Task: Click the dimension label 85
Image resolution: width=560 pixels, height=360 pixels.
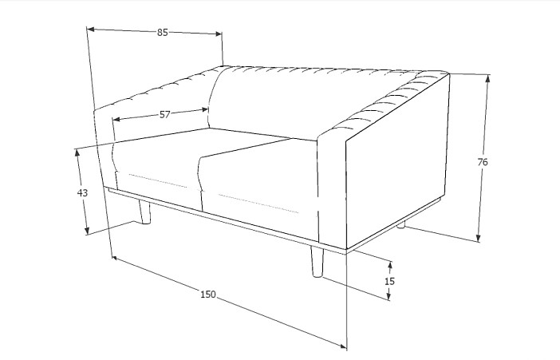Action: pyautogui.click(x=162, y=32)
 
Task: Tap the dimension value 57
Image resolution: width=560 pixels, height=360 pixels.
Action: pyautogui.click(x=164, y=115)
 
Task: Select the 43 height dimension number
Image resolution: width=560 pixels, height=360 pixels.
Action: pyautogui.click(x=82, y=192)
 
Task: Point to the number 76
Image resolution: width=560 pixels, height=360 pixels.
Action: pyautogui.click(x=482, y=162)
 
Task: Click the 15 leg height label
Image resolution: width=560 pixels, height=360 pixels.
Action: pyautogui.click(x=389, y=281)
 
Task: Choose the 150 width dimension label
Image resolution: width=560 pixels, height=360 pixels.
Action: pyautogui.click(x=208, y=295)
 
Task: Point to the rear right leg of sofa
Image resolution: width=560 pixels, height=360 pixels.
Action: pyautogui.click(x=401, y=225)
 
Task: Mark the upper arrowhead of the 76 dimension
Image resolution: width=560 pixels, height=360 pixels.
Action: pyautogui.click(x=487, y=79)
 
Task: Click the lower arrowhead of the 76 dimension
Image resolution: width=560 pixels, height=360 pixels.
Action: pyautogui.click(x=479, y=238)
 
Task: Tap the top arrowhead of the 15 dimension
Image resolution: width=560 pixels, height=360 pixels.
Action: pyautogui.click(x=390, y=265)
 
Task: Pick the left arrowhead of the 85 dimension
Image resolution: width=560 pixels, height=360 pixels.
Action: pyautogui.click(x=91, y=29)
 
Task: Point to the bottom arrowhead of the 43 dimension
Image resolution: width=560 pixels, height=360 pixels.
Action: pyautogui.click(x=87, y=231)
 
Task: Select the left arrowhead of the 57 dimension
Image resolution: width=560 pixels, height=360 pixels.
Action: pyautogui.click(x=116, y=119)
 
